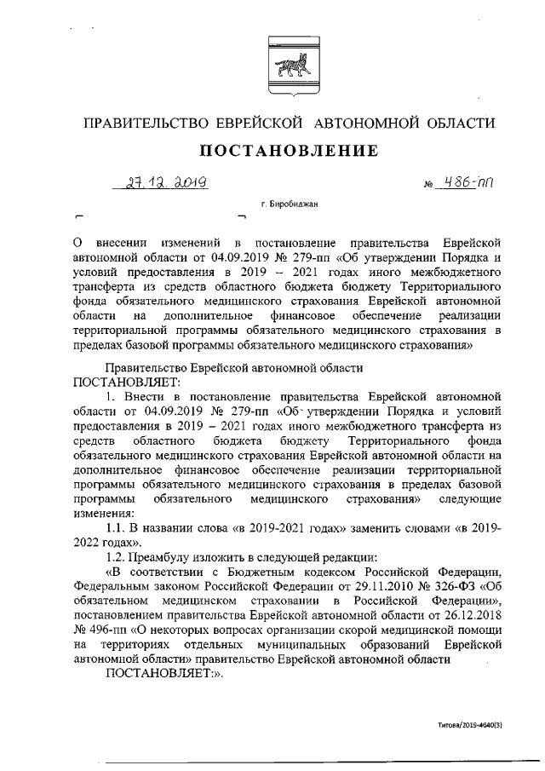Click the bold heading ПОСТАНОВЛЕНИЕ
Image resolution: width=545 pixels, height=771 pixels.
[x=289, y=151]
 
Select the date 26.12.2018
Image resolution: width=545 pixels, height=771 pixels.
[x=468, y=615]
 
